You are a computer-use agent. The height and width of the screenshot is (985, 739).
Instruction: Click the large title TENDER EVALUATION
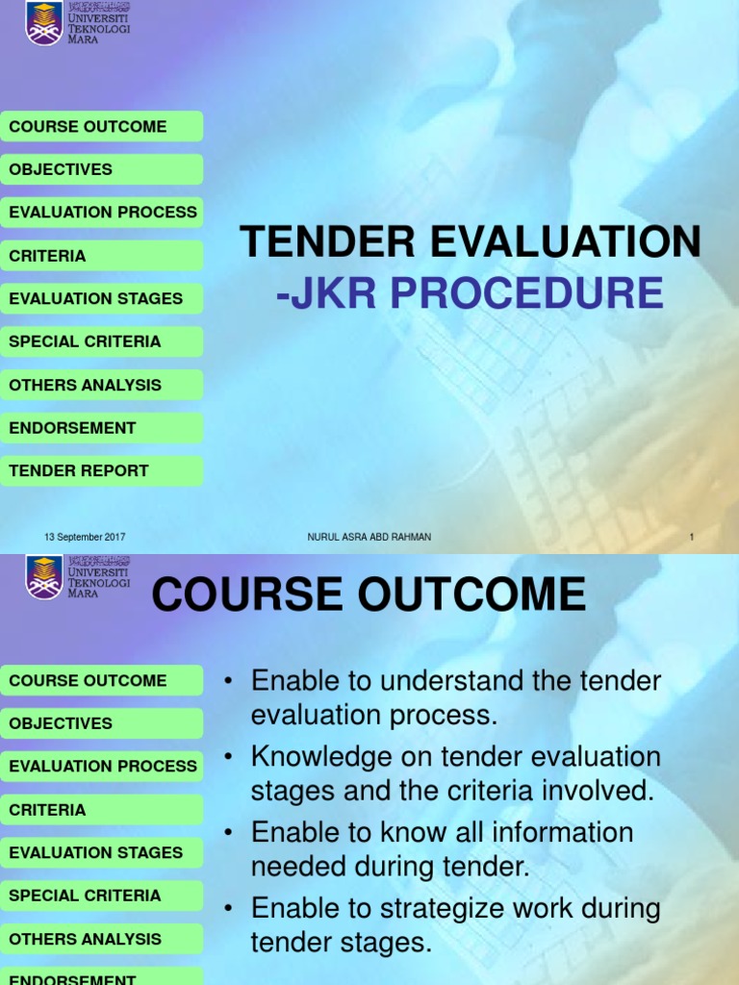(471, 241)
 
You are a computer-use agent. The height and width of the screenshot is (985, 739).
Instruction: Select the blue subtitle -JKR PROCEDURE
(470, 293)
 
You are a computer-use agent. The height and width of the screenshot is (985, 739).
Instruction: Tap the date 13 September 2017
(85, 537)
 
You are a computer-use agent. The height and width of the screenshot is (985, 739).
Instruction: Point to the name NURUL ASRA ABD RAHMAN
(363, 537)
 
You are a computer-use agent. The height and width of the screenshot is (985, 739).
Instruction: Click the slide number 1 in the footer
(691, 537)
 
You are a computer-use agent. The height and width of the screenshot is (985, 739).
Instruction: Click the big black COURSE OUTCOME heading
(369, 594)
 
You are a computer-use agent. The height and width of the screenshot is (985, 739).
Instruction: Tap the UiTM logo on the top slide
(44, 22)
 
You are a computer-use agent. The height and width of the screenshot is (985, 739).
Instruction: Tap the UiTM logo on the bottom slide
(44, 577)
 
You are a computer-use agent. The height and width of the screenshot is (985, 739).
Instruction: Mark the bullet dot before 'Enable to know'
(228, 833)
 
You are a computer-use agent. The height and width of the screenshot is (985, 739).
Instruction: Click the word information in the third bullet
(553, 832)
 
